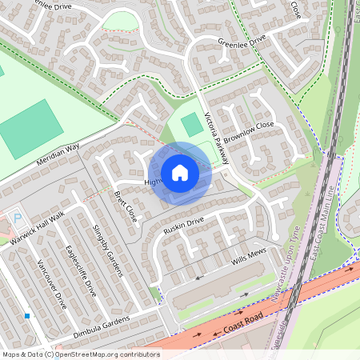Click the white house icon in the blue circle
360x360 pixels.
(x=180, y=173)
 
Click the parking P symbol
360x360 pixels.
(x=15, y=217)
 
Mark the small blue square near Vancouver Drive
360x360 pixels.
(x=27, y=316)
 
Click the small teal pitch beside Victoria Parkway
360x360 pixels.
(x=192, y=125)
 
